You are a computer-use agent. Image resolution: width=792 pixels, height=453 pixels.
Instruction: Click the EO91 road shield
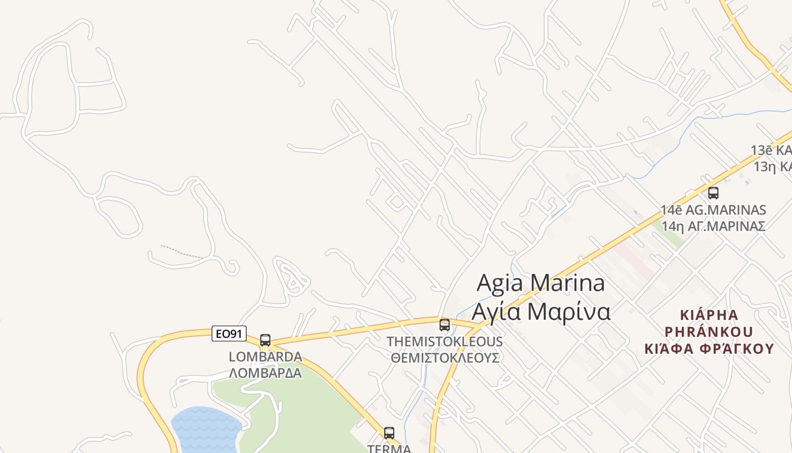tap(229, 334)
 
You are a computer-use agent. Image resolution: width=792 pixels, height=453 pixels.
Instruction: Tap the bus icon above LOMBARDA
tap(265, 340)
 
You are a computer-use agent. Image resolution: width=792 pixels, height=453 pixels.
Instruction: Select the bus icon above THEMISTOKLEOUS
tap(445, 325)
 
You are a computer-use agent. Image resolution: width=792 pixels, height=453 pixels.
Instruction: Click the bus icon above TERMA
tap(389, 433)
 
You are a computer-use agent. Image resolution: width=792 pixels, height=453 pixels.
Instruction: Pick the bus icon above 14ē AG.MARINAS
tap(713, 193)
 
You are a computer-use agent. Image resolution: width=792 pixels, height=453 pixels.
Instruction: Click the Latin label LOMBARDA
tap(265, 357)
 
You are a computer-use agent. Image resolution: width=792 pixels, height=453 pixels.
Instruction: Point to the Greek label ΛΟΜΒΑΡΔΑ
tap(265, 373)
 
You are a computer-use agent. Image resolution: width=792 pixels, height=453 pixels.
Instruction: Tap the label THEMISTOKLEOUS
tap(445, 342)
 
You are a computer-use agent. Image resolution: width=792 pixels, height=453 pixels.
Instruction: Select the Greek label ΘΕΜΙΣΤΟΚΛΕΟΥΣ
tap(445, 358)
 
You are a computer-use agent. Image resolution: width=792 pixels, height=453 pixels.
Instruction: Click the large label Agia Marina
tap(541, 283)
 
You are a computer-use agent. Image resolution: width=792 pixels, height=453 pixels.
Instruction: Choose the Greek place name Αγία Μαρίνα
tap(541, 311)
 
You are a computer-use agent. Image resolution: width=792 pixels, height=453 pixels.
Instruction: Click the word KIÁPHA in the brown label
tap(709, 315)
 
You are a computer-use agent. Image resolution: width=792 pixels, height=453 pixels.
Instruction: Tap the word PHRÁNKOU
tap(709, 331)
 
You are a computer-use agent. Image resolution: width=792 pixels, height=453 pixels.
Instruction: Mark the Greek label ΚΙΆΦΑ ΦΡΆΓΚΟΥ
tap(709, 348)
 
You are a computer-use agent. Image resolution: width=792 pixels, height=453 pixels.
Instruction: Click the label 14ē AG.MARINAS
tap(713, 210)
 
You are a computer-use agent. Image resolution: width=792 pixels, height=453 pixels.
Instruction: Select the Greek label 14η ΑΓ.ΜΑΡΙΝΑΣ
tap(713, 226)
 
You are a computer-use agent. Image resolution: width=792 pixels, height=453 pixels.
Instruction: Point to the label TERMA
tap(389, 448)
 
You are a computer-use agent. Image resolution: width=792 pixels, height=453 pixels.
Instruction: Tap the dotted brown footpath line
tap(181, 252)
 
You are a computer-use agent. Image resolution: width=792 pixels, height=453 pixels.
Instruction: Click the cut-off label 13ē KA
tap(771, 151)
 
